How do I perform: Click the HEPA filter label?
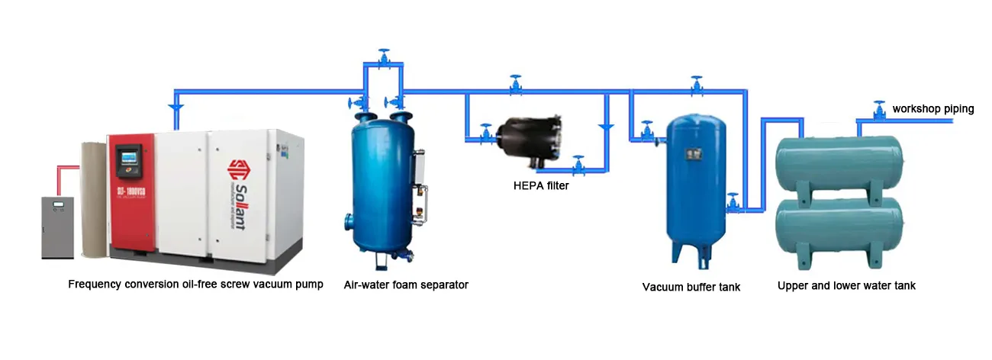tap(540, 185)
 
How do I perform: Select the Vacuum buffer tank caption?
tap(691, 287)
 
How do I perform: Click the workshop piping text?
tap(933, 109)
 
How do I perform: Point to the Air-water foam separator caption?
tap(406, 284)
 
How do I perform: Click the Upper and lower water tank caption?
tap(846, 285)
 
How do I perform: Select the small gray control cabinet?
tap(57, 227)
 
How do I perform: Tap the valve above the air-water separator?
tap(384, 57)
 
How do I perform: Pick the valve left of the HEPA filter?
tap(485, 133)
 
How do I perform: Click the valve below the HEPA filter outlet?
tap(578, 163)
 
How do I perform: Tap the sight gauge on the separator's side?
tap(417, 179)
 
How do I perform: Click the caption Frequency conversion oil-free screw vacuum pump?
tap(195, 284)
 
